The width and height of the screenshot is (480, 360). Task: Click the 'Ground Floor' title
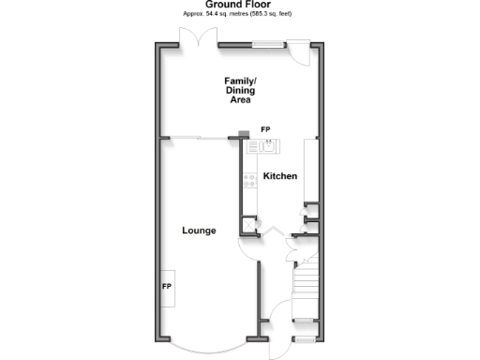click(239, 5)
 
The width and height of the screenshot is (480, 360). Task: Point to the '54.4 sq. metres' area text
click(217, 15)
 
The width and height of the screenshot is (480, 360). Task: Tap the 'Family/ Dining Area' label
click(239, 90)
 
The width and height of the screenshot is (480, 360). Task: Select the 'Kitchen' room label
click(279, 176)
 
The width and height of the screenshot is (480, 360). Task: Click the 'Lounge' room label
click(200, 230)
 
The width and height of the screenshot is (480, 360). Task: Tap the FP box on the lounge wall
click(167, 285)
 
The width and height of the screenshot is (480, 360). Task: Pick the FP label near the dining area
click(265, 128)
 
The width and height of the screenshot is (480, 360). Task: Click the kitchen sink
click(266, 145)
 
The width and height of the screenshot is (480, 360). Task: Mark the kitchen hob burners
click(250, 181)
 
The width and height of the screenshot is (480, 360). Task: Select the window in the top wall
click(266, 43)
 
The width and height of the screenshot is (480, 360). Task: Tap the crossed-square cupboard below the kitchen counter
click(248, 223)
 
